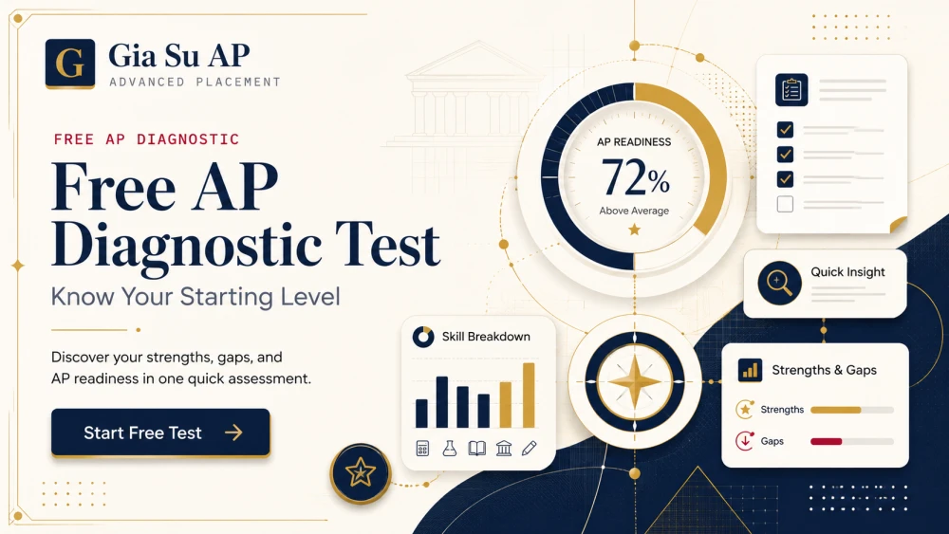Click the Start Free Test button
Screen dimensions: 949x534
[160, 433]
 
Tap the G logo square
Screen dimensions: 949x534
[69, 64]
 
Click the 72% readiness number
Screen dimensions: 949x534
[635, 177]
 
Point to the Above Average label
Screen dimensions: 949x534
[634, 211]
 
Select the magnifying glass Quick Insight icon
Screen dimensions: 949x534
[779, 283]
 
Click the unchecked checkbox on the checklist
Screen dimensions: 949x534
[785, 204]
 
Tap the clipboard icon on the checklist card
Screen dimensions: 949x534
[791, 89]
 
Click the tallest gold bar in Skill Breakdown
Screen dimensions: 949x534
[529, 396]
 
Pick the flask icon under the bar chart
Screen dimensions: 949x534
[449, 448]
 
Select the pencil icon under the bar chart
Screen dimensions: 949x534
[529, 448]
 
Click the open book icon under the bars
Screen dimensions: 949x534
[477, 448]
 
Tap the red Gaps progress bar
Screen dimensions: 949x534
[827, 441]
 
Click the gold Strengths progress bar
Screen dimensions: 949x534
[836, 410]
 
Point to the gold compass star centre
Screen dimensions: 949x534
[634, 382]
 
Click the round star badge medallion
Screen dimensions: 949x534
[360, 473]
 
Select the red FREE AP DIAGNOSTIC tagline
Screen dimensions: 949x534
[146, 139]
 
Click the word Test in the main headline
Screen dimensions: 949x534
[387, 245]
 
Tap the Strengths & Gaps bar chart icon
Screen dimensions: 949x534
[751, 370]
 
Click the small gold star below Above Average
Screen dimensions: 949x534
[634, 230]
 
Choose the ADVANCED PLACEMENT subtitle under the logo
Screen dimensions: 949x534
[195, 83]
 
